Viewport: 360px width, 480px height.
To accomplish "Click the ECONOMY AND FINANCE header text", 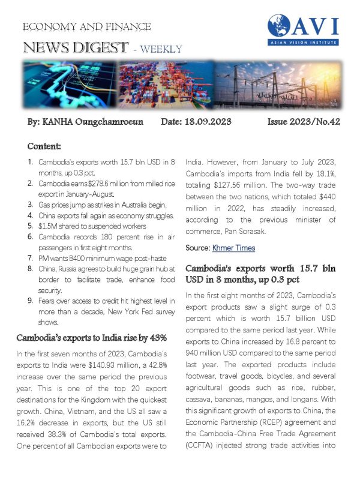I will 86,27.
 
